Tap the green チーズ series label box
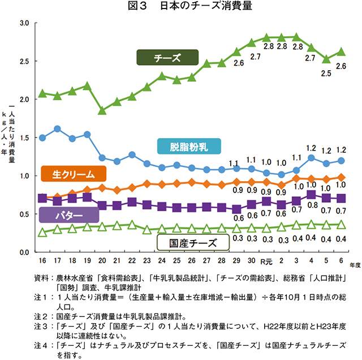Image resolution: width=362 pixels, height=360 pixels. tap(167, 58)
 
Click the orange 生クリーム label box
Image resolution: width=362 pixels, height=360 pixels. tap(72, 173)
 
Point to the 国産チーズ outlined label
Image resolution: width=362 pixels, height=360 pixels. tap(193, 243)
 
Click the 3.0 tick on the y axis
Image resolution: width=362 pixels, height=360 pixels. tap(25, 23)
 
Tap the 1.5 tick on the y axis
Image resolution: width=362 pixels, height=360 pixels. tap(25, 138)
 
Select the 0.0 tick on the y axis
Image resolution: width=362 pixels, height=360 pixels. tap(25, 252)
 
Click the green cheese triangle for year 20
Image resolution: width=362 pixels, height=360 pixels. tap(102, 110)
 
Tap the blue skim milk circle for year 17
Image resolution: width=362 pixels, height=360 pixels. tap(57, 129)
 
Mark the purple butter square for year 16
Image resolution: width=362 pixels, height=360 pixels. tap(42, 198)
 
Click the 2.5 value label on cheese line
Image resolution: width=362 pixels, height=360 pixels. tap(326, 73)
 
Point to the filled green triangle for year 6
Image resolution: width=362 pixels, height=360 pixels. tap(341, 52)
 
